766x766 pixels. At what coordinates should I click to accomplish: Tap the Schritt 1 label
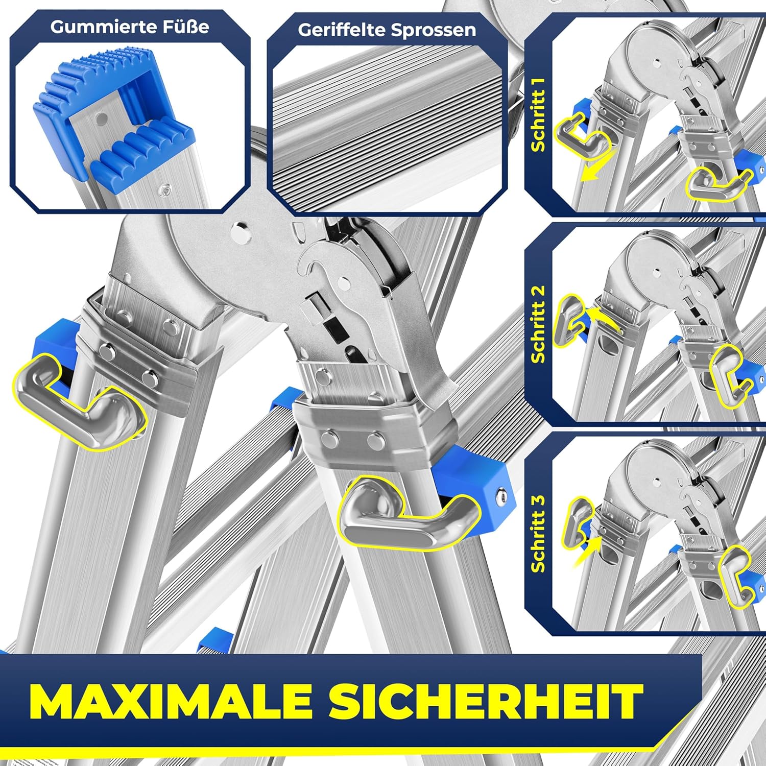(x=539, y=114)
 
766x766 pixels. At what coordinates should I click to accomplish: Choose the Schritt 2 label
(x=539, y=324)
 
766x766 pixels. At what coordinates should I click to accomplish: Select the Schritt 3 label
(x=539, y=534)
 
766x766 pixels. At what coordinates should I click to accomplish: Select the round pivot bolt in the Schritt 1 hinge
(x=656, y=63)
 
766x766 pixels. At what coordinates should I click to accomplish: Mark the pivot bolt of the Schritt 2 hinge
(x=656, y=270)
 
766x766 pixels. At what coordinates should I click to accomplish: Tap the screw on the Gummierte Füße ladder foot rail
(x=165, y=190)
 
